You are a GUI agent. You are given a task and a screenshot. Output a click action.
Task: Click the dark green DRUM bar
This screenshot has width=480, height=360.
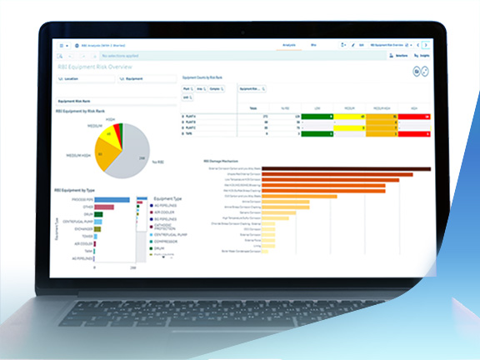[98, 214]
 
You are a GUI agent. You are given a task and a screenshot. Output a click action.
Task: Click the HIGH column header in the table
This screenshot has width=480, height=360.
[413, 108]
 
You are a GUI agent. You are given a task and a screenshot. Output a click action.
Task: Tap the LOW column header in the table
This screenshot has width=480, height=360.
[317, 108]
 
